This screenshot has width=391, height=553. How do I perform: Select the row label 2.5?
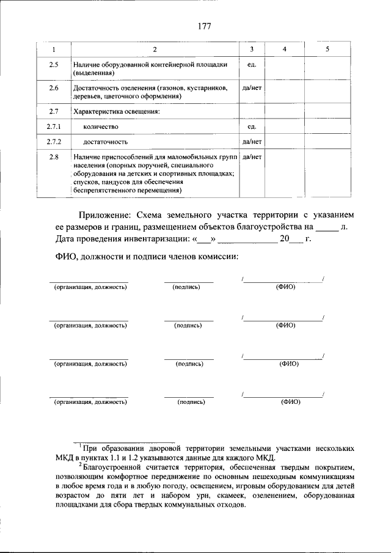(x=53, y=64)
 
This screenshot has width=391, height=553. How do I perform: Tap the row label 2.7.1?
(x=53, y=126)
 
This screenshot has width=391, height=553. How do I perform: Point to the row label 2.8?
(x=53, y=157)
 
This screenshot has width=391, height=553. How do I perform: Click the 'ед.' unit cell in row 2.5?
(x=251, y=64)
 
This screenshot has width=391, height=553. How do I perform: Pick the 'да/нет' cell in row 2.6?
(x=252, y=88)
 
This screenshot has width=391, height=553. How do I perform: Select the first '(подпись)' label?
(x=187, y=287)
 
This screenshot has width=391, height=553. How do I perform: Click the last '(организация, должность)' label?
(x=90, y=402)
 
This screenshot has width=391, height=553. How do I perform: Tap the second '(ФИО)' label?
(x=285, y=325)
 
